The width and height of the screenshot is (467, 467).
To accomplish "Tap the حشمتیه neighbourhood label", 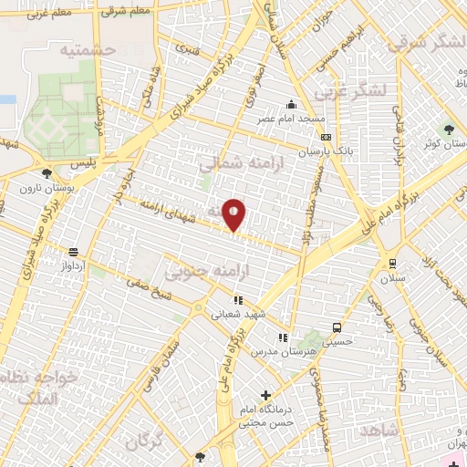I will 89,52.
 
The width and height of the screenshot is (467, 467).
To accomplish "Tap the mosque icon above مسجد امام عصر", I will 291,103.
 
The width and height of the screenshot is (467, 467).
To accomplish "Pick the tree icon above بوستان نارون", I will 47,171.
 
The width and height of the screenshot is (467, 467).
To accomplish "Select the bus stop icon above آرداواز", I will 72,252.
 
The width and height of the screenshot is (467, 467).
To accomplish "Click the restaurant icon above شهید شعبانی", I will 238,299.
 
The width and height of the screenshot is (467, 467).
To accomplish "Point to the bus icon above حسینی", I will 337,327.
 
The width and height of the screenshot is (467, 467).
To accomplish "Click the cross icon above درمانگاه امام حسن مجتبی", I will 265,395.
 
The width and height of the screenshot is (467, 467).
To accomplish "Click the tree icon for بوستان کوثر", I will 447,129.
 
